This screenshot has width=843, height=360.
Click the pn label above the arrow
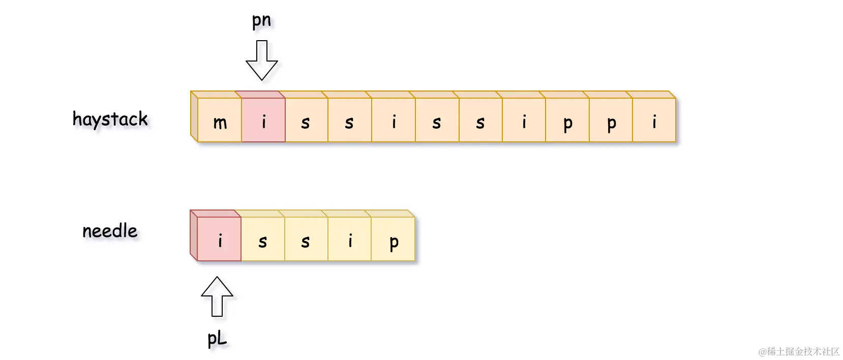(x=261, y=21)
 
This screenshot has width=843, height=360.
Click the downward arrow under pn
(x=262, y=61)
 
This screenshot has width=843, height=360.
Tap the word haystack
(x=110, y=119)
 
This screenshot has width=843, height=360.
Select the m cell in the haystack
(x=220, y=121)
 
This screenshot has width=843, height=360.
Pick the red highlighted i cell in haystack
(x=263, y=121)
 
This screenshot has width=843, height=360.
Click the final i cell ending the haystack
(x=654, y=121)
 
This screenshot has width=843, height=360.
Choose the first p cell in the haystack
(x=567, y=121)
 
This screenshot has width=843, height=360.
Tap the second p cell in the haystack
(x=611, y=121)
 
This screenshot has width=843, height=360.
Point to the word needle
(x=110, y=231)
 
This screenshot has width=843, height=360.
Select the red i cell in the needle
(x=220, y=239)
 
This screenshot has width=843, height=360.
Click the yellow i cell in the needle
(x=350, y=239)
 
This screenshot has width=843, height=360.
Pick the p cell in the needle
(x=394, y=239)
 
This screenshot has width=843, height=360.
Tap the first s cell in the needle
(x=263, y=239)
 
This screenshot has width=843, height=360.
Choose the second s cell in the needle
(x=306, y=239)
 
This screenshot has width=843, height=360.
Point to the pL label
(x=217, y=338)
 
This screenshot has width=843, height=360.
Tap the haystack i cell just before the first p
(x=524, y=121)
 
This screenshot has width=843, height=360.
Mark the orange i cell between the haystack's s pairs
(x=394, y=121)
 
